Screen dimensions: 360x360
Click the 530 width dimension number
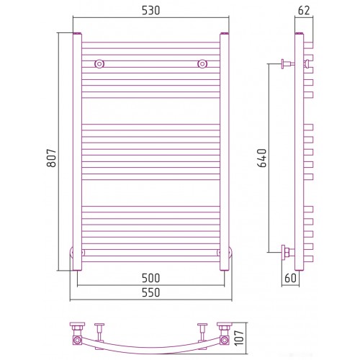click(150, 11)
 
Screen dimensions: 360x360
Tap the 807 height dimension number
click(52, 158)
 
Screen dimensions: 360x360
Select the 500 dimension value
click(150, 278)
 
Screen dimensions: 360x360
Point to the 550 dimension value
click(150, 292)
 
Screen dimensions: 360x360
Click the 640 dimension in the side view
click(262, 158)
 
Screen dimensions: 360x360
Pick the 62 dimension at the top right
click(304, 11)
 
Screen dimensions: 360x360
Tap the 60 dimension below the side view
click(290, 278)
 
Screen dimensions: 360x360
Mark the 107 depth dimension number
click(239, 338)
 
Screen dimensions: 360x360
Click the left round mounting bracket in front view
click(99, 64)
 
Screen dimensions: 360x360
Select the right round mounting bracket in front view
click(202, 64)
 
